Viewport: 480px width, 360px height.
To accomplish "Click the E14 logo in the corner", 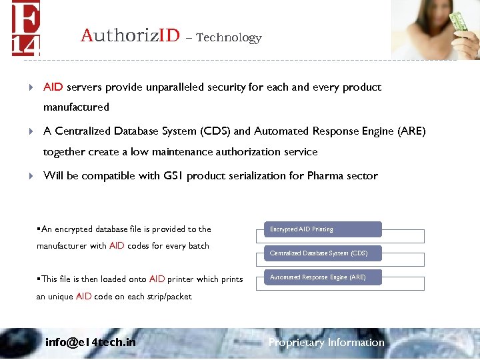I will (25, 28).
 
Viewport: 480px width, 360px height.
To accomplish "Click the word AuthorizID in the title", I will (130, 35).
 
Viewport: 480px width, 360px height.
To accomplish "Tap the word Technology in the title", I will (229, 38).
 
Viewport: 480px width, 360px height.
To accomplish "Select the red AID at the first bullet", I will (53, 87).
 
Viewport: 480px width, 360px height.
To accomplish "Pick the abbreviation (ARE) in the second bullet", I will (409, 131).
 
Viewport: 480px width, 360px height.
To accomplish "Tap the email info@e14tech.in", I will (90, 343).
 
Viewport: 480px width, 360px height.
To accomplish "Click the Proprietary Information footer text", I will (326, 343).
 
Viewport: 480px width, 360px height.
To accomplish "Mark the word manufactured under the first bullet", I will (76, 107).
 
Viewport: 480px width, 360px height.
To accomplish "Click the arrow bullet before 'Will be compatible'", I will (31, 177).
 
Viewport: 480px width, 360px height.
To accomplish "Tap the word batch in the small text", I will (199, 246).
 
